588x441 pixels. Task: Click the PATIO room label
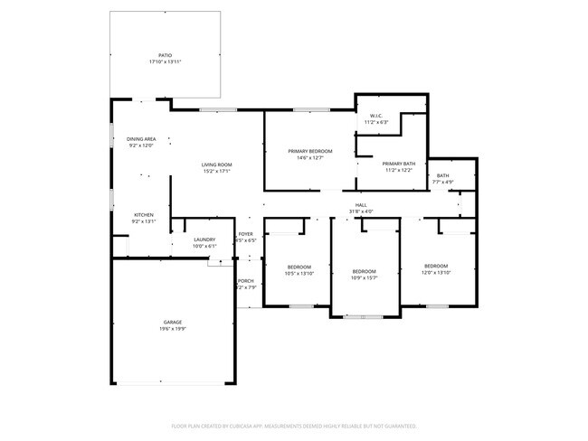(x=166, y=56)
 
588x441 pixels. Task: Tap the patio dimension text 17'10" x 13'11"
(x=166, y=62)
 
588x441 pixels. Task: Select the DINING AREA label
(x=141, y=138)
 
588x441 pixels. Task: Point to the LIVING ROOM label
(x=217, y=164)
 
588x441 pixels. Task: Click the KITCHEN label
(x=144, y=214)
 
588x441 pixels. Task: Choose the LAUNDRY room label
(x=204, y=239)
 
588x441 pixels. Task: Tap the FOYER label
(x=246, y=233)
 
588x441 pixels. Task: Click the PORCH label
(x=246, y=281)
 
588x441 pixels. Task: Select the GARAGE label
(x=174, y=323)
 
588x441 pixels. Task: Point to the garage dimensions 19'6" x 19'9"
(x=174, y=329)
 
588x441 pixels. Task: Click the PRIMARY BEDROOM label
(x=310, y=150)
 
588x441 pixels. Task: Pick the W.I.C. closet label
(x=375, y=116)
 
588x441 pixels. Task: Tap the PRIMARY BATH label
(x=399, y=163)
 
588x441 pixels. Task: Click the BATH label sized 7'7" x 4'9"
(x=442, y=175)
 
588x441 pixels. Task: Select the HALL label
(x=361, y=205)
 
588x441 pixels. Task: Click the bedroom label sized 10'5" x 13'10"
(x=299, y=267)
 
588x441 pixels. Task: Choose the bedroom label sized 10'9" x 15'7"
(x=364, y=271)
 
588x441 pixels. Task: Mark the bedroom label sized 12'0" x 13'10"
(x=437, y=266)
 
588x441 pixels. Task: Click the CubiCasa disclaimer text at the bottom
(x=293, y=425)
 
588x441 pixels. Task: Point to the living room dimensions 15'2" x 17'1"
(x=217, y=171)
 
